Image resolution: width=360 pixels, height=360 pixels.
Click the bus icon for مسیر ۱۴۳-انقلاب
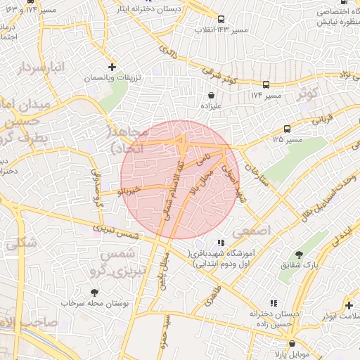pyautogui.click(x=221, y=19)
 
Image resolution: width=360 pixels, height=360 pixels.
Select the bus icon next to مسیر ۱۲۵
pyautogui.click(x=287, y=129)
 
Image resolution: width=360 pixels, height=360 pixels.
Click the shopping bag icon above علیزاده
pyautogui.click(x=211, y=94)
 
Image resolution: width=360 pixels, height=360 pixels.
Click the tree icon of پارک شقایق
pyautogui.click(x=300, y=255)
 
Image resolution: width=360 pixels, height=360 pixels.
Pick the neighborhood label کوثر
pyautogui.click(x=308, y=92)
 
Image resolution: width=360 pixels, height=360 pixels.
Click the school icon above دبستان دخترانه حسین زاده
pyautogui.click(x=270, y=303)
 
